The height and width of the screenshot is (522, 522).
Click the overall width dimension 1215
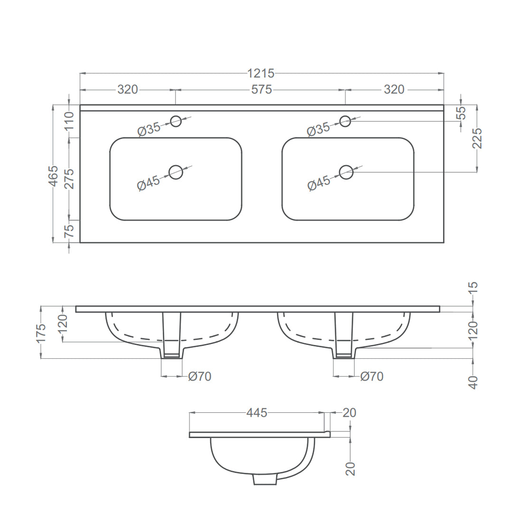[261, 73]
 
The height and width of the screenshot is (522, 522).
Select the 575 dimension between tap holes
[261, 90]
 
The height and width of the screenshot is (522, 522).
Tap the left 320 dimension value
[128, 90]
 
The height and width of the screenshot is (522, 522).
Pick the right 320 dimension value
[394, 90]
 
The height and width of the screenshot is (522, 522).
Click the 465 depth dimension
[54, 176]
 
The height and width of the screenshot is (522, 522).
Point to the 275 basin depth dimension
[69, 179]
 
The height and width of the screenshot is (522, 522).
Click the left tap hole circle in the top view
[176, 121]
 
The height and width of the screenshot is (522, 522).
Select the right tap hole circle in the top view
[345, 121]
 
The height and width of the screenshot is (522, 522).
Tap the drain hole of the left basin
[176, 172]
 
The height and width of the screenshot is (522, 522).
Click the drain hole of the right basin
[346, 172]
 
